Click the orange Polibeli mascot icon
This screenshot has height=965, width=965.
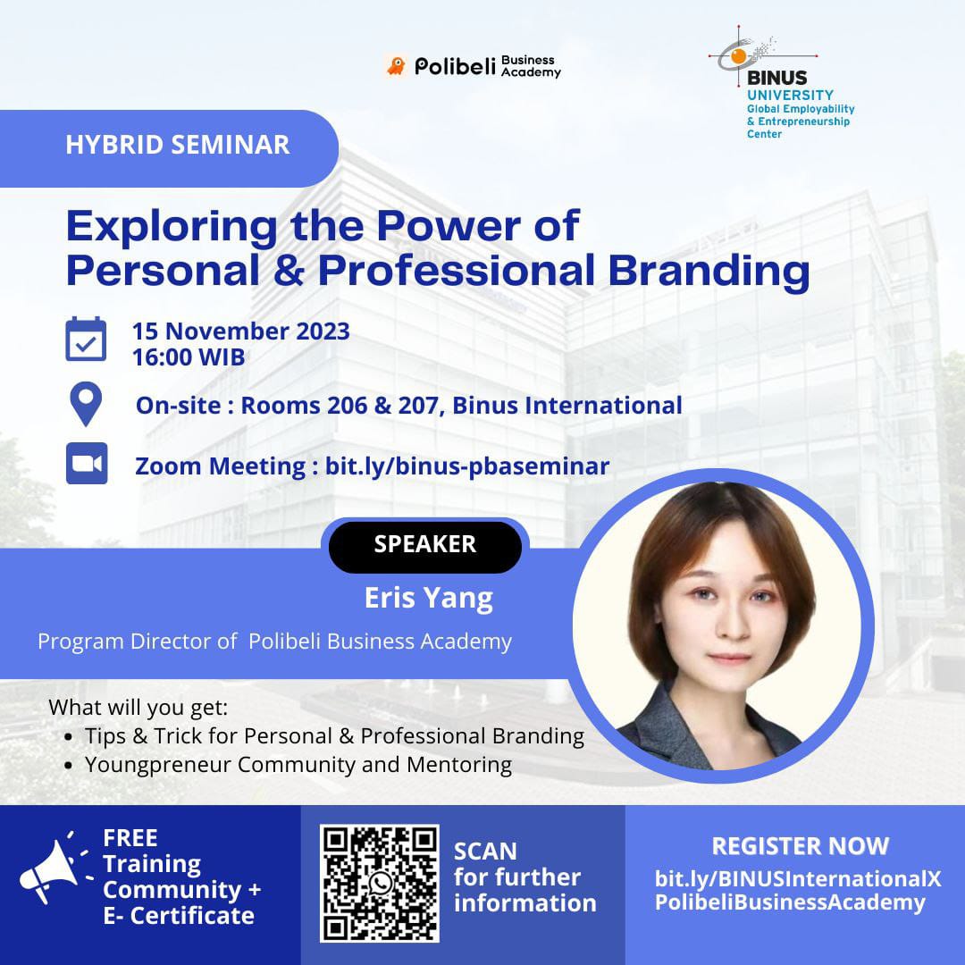coord(397,66)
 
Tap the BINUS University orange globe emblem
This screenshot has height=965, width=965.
coord(739,56)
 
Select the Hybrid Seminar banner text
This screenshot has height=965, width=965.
coord(177,145)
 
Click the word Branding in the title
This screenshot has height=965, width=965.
coord(709,271)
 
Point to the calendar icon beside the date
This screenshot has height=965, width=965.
coord(86,340)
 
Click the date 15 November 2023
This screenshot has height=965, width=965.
coord(241,331)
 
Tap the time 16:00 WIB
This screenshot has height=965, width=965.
coord(189,357)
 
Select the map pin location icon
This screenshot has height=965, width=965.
coord(86,404)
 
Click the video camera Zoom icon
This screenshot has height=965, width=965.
coord(87,463)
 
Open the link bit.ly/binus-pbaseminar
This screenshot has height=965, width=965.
coord(467,466)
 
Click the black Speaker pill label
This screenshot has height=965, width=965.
coord(425,545)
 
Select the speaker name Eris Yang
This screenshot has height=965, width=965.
coord(429,598)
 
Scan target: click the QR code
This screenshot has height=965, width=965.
coord(379,883)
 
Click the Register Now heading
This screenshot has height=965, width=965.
coord(800,846)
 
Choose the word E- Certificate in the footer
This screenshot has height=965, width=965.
coord(179,916)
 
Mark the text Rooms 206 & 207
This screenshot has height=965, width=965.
coord(342,406)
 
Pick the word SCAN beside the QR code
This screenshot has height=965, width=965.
coord(485,852)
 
